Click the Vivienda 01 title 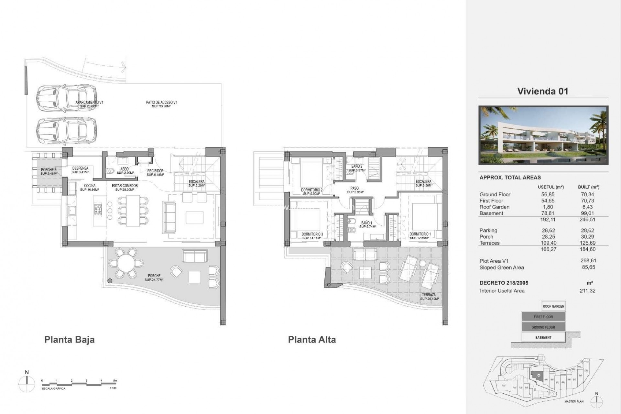point(542,91)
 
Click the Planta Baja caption point(69,340)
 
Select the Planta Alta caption point(312,340)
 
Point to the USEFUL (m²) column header point(550,187)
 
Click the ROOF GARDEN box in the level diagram point(553,306)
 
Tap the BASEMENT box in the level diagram point(543,337)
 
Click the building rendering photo point(543,135)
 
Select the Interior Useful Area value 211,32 point(587,291)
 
